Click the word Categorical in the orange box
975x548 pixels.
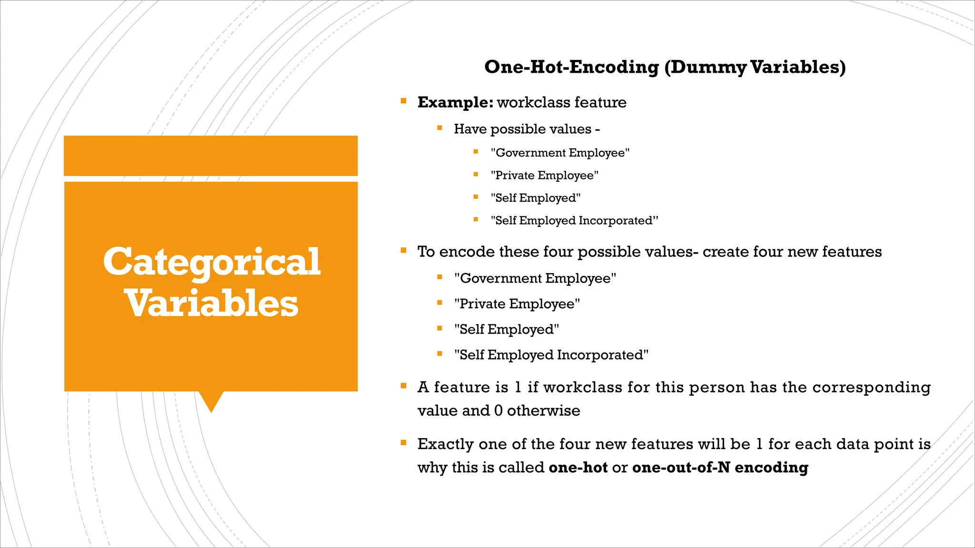coord(211,262)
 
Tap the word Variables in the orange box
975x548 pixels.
coord(211,303)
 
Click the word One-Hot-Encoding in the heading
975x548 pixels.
coord(571,67)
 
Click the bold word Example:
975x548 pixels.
coord(455,102)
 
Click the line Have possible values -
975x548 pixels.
coord(527,129)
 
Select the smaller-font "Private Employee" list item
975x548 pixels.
coord(544,176)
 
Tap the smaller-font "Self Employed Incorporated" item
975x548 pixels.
coord(574,221)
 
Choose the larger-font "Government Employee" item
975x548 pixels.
coord(535,278)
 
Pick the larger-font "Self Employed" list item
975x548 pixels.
coord(506,329)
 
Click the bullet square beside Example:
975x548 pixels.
coord(404,101)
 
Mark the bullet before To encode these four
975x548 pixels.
coord(404,250)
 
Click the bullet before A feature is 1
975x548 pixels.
coord(404,386)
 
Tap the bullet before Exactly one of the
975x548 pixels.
coord(404,443)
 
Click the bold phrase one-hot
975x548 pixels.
coord(578,467)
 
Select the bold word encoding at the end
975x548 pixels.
coord(771,467)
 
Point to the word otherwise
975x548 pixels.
coord(543,411)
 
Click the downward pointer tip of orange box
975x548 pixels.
coord(211,410)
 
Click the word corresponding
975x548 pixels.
coord(871,387)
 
